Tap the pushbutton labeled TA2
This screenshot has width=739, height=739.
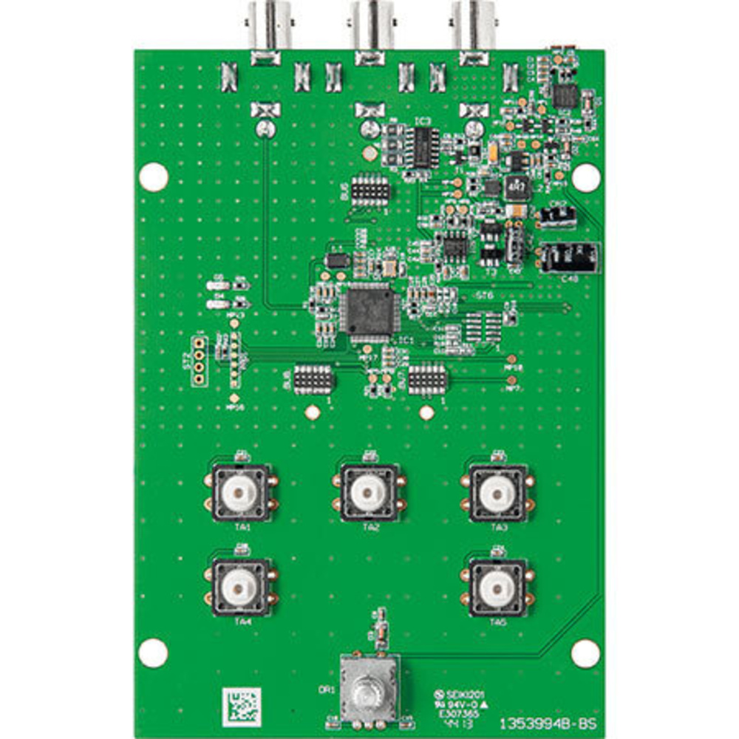368,493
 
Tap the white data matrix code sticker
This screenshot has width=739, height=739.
242,706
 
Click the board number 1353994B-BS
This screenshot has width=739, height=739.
548,722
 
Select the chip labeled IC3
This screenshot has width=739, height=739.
425,146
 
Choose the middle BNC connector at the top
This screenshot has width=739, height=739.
372,26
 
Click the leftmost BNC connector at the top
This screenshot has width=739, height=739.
267,26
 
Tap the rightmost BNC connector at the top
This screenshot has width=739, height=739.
474,26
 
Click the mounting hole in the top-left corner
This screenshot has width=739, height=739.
154,177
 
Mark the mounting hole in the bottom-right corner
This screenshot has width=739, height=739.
585,653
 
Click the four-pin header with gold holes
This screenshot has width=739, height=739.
199,361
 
